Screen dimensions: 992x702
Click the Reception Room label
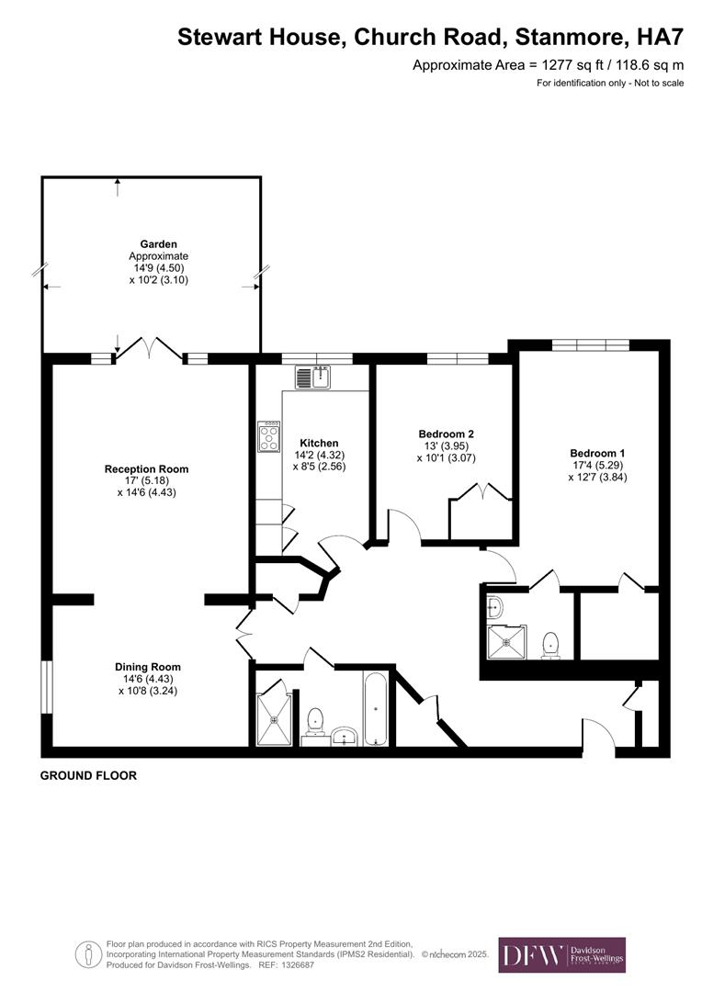point(147,469)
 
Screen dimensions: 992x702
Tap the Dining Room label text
point(147,667)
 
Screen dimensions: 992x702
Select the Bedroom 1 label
point(597,454)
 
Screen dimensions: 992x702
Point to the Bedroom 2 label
point(446,434)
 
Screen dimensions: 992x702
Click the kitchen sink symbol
point(312,377)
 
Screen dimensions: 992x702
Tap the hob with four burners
point(270,438)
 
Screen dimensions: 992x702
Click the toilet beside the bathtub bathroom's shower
point(315,721)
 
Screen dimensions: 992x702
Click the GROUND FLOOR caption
point(88,776)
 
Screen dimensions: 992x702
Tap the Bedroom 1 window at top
point(590,345)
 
